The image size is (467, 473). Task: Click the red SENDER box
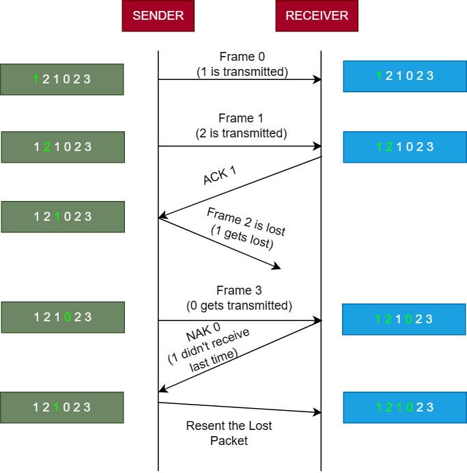point(158,16)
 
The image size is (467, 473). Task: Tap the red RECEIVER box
point(316,16)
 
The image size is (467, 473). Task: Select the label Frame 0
point(242,57)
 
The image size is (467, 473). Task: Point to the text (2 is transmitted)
point(241,133)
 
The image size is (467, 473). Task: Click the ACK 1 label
point(219,175)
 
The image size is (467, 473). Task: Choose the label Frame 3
point(239,290)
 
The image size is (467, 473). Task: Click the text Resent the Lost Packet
point(229,433)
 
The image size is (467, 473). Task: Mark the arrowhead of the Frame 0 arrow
point(317,79)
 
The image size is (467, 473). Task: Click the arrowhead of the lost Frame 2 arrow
point(277,266)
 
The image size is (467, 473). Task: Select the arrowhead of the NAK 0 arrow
point(162,390)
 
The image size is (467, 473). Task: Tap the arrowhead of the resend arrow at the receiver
point(317,412)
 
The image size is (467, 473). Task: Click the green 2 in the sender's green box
point(47,147)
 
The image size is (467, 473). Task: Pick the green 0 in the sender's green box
point(67,317)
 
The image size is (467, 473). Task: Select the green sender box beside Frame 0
point(62,79)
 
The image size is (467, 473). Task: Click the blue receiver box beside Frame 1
point(405,147)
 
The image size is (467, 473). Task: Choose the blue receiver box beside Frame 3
point(404,319)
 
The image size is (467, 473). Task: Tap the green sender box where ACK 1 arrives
point(63,217)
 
